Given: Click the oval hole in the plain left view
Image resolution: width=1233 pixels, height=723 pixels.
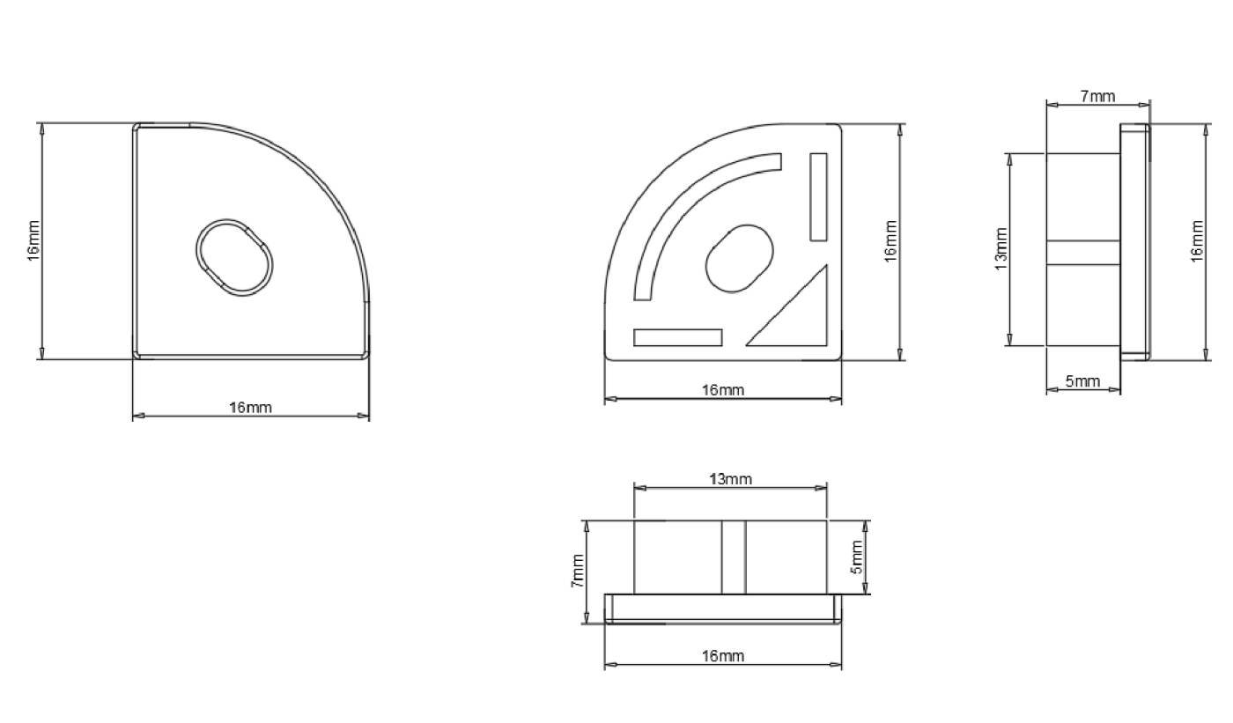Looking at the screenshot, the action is (234, 257).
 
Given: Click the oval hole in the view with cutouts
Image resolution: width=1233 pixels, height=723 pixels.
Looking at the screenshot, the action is (739, 259).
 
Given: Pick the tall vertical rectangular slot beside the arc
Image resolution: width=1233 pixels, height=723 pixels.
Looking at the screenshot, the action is (818, 197).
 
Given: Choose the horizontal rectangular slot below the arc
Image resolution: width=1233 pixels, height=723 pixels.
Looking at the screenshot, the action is (677, 337).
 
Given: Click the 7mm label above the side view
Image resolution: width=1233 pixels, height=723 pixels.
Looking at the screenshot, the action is (1097, 96).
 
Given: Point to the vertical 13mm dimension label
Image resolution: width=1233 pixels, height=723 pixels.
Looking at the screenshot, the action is (1001, 248).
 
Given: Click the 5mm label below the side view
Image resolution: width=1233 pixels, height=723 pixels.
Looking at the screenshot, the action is (1082, 380).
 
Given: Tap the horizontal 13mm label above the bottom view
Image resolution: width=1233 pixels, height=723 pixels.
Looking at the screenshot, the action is (730, 479).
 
